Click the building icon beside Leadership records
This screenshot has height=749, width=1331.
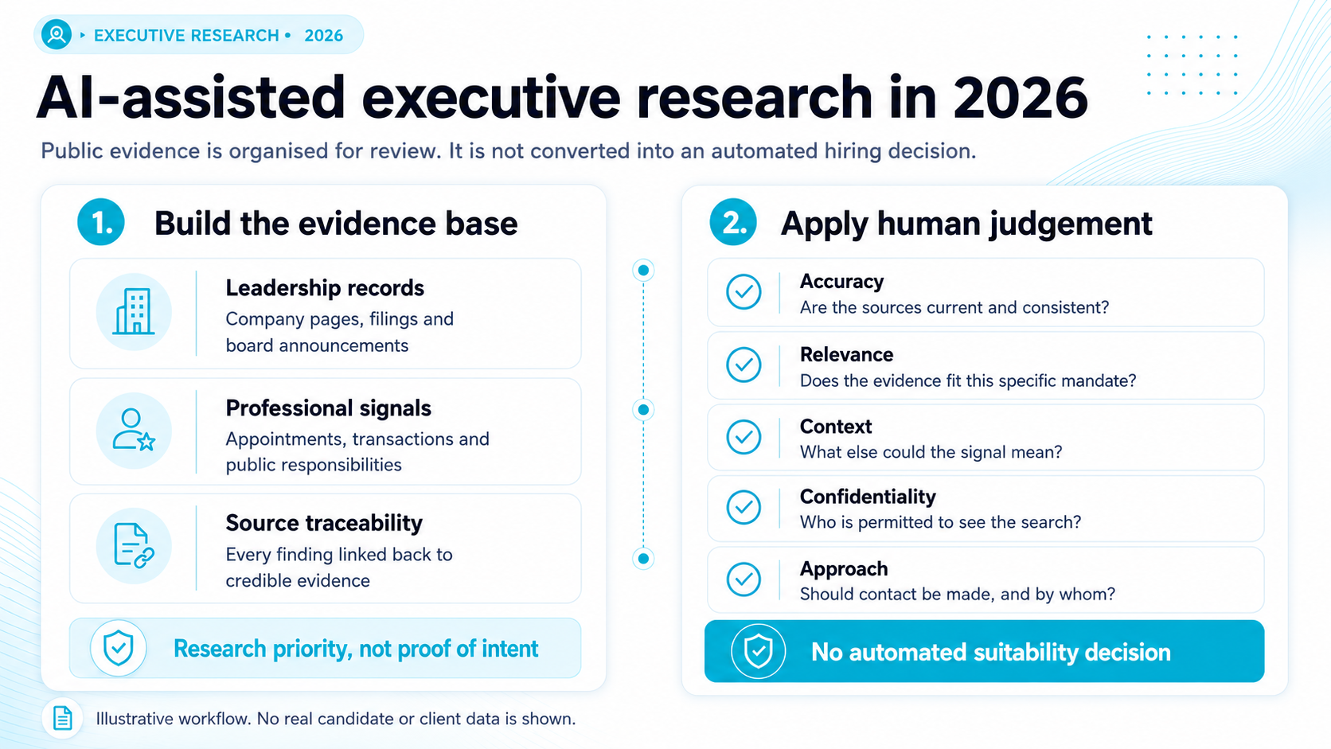click(x=135, y=311)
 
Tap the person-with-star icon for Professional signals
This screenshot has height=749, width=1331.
click(x=135, y=430)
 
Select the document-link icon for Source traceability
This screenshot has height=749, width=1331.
click(x=135, y=546)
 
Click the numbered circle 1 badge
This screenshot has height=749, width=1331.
click(x=101, y=222)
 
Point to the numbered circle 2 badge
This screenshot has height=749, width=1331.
click(x=733, y=222)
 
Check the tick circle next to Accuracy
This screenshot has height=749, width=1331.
click(x=744, y=291)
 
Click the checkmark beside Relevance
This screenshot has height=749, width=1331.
click(x=744, y=365)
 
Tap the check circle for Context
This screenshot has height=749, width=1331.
click(x=744, y=437)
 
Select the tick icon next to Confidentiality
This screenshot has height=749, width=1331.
click(x=744, y=507)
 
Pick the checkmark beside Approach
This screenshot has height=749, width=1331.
click(x=744, y=579)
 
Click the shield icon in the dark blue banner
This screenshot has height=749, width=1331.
click(x=758, y=652)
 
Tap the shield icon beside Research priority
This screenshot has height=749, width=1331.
click(x=119, y=648)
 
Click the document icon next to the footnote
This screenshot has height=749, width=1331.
click(x=62, y=718)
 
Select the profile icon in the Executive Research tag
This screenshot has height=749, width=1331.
click(x=57, y=35)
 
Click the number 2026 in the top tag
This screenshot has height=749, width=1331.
click(x=324, y=36)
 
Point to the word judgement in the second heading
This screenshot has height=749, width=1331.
click(x=1070, y=224)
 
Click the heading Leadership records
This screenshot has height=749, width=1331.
click(x=325, y=288)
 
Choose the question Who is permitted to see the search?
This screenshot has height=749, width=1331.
click(x=940, y=522)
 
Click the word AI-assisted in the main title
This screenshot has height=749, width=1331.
click(x=191, y=97)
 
